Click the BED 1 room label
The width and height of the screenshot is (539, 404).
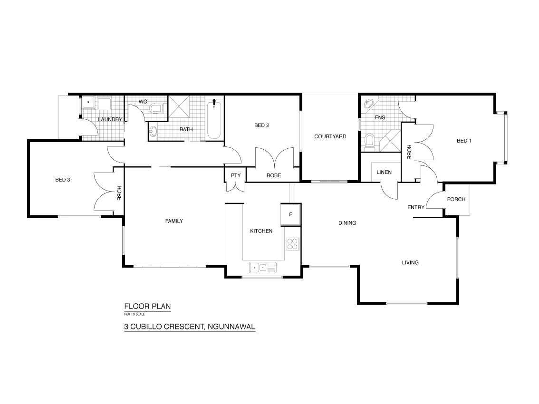coord(464,141)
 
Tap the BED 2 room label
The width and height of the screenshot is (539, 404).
coord(261,125)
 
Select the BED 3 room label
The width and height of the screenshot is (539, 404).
coord(63,180)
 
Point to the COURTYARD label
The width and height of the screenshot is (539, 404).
coord(330,136)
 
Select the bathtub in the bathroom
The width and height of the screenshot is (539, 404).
coord(214,119)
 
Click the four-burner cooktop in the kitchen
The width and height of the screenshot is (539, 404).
coord(292,244)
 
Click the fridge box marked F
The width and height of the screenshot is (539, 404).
coord(290,214)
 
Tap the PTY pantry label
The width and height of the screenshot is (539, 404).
coord(236,175)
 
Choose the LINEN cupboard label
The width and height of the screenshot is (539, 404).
coord(384,172)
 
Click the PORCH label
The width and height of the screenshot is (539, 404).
coord(456,199)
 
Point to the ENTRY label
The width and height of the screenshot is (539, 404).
coord(416,207)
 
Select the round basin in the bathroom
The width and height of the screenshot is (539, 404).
coord(154,131)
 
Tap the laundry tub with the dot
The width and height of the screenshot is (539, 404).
coord(88,103)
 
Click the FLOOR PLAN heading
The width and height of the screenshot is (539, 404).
coord(147,307)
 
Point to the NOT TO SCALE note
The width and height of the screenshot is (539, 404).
coord(135,314)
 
